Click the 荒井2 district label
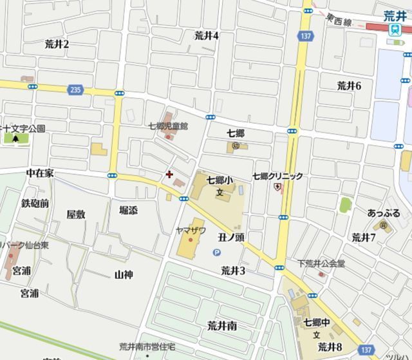click(x=57, y=44)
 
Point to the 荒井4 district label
click(x=207, y=35)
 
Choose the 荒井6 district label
click(x=350, y=85)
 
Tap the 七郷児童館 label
click(x=167, y=126)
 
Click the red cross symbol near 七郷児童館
click(x=169, y=174)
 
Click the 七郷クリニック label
click(x=277, y=176)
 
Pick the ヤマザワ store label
click(x=191, y=230)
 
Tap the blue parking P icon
click(x=216, y=254)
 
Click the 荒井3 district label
click(x=233, y=270)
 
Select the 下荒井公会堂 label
click(x=322, y=263)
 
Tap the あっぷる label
click(x=384, y=213)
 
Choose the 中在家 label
click(x=40, y=174)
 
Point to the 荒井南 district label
click(x=222, y=325)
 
